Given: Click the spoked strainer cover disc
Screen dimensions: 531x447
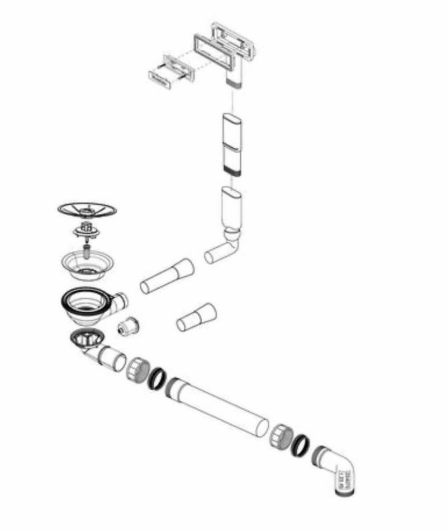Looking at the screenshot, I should [x=87, y=210].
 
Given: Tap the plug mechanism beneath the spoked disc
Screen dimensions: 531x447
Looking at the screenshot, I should [x=86, y=230].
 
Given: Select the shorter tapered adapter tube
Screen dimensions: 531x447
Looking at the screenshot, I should [x=196, y=317].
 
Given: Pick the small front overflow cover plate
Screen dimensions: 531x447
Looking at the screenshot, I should [x=160, y=78].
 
